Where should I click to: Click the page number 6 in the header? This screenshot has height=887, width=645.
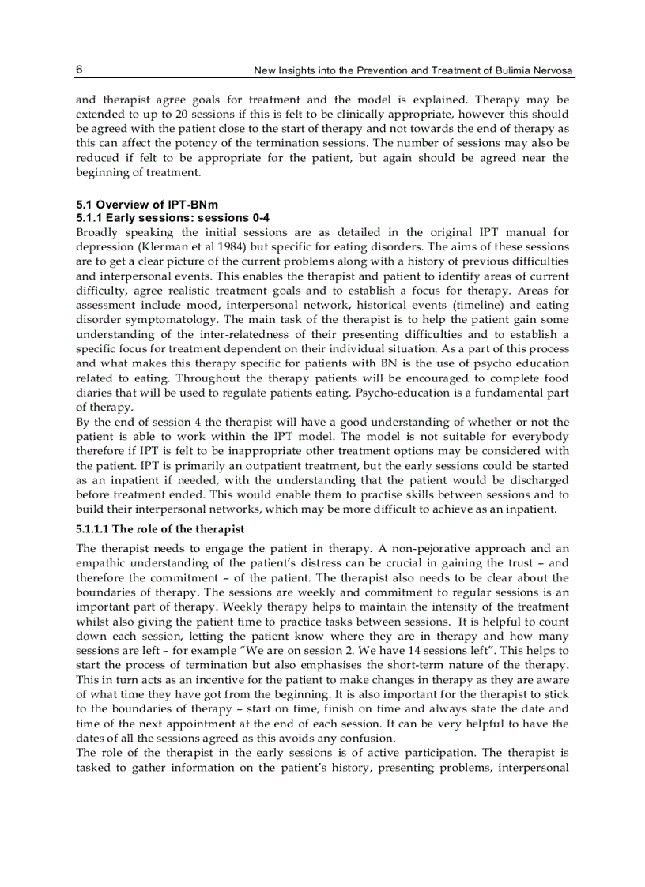(79, 70)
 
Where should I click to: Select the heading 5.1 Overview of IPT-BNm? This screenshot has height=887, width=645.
(135, 205)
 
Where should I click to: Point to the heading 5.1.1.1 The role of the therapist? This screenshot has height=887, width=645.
(160, 528)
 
